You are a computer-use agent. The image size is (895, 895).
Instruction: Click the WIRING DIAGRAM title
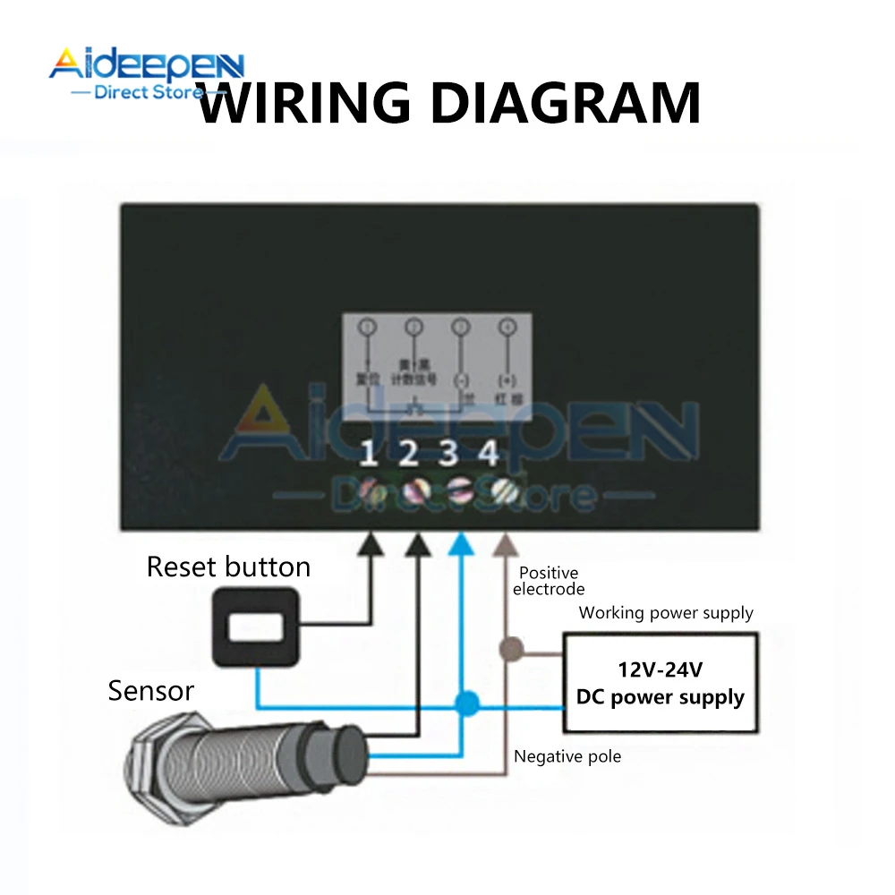pos(447,103)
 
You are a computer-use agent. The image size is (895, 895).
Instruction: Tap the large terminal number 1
pos(369,455)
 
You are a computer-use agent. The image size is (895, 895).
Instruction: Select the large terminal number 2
pos(409,455)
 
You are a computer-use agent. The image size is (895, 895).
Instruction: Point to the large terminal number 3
pos(449,455)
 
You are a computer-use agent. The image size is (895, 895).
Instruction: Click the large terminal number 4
pos(489,455)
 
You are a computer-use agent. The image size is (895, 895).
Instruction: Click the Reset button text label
pos(228,567)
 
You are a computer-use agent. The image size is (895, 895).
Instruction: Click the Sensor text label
pos(150,691)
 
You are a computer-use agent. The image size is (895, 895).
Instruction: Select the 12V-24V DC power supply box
pos(660,684)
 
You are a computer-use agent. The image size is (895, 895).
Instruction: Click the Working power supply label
pos(666,613)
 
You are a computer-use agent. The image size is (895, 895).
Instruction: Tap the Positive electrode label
pos(549,581)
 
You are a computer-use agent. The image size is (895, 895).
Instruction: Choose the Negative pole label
pos(567,757)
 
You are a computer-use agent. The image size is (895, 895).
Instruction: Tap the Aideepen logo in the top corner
pos(145,72)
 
